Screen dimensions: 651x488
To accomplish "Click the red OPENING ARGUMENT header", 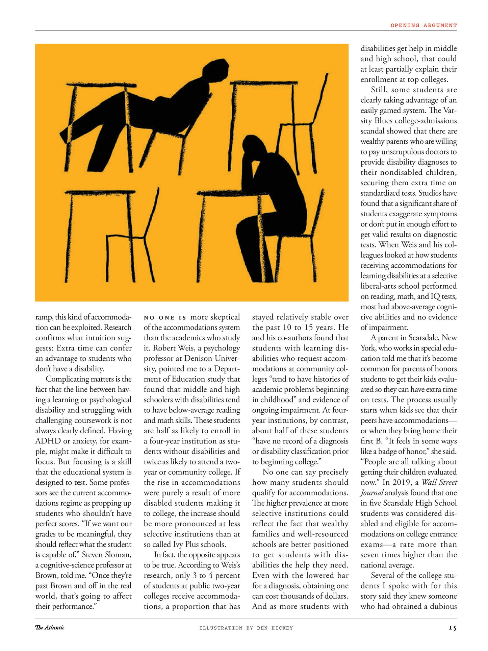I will pyautogui.click(x=423, y=25).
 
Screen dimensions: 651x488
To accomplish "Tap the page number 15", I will pyautogui.click(x=453, y=628).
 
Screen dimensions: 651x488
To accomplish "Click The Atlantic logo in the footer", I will pyautogui.click(x=50, y=627).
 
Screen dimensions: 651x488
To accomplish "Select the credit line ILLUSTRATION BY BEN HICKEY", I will pyautogui.click(x=246, y=628).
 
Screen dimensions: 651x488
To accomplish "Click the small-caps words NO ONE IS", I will pyautogui.click(x=165, y=318).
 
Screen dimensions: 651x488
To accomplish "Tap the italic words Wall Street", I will pyautogui.click(x=439, y=482).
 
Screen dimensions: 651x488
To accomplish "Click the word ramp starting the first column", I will pyautogui.click(x=43, y=317).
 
